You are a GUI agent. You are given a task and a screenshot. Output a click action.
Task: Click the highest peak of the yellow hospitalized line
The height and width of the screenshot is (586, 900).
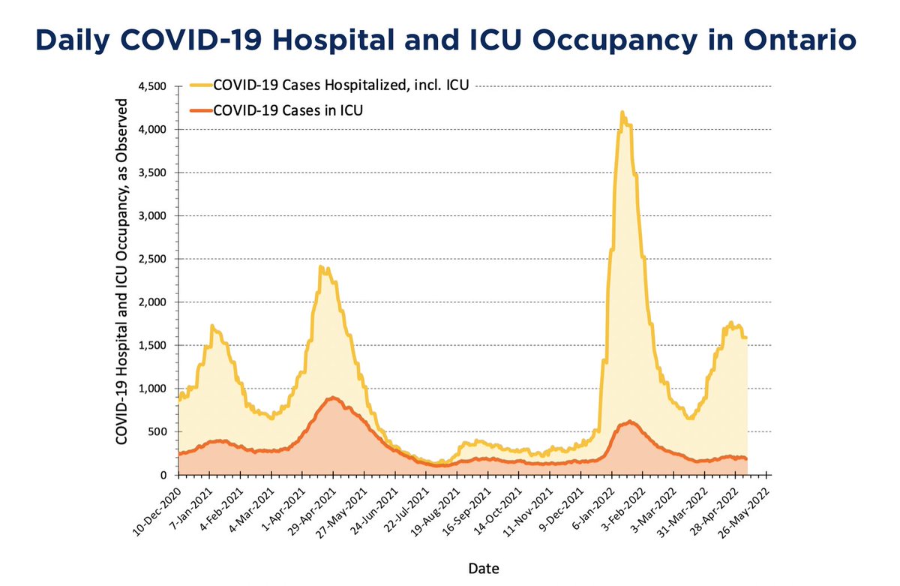622,112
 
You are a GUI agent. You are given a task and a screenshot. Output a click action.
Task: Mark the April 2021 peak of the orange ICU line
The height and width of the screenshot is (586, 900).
333,398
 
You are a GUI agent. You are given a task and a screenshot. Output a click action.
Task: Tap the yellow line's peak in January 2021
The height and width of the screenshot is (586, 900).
212,326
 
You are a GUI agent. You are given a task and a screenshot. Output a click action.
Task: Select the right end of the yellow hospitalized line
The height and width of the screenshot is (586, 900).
746,338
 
